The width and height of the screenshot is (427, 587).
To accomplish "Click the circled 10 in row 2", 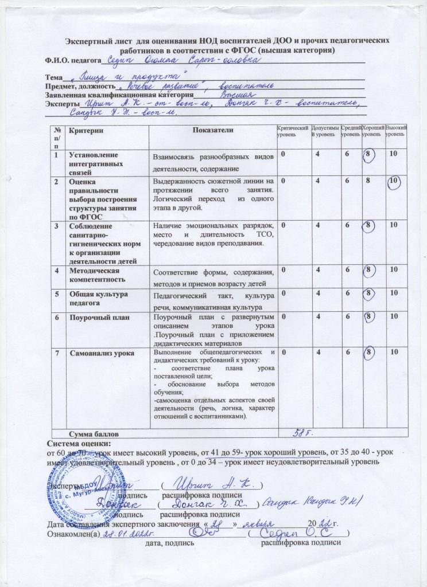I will [393, 182].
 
